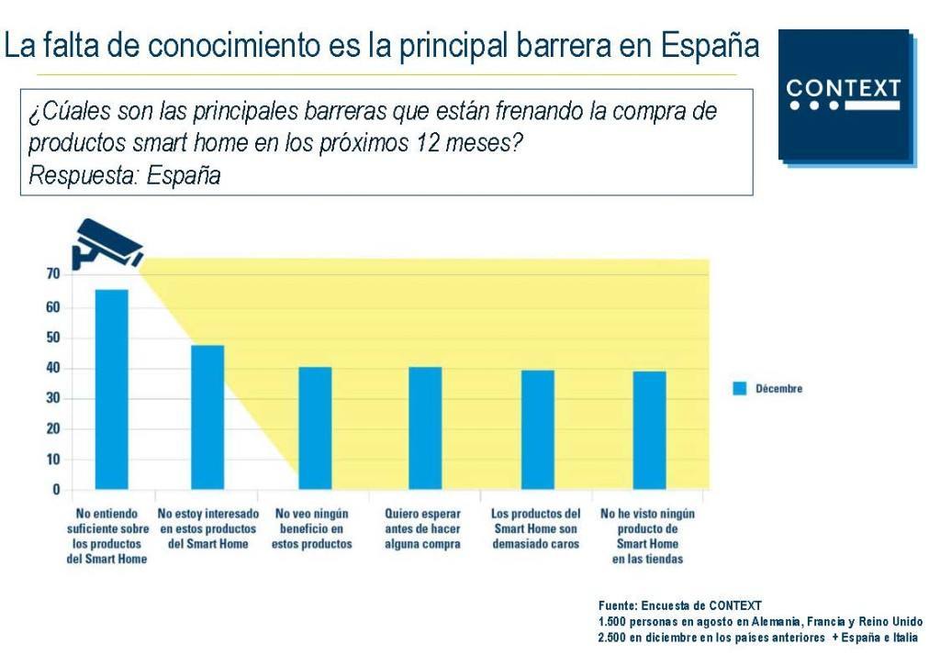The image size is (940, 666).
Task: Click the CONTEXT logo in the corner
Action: [x=845, y=95]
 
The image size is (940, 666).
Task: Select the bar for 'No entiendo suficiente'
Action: [x=112, y=389]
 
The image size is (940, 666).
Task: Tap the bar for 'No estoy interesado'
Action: [x=207, y=416]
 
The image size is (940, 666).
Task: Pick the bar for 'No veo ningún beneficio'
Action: [x=315, y=427]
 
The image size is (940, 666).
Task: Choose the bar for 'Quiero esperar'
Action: [x=425, y=427]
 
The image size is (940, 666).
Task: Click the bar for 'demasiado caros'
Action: [x=538, y=429]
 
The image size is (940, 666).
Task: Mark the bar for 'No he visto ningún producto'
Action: [x=649, y=429]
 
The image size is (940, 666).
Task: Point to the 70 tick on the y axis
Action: [x=52, y=273]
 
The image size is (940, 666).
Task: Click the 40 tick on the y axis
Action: [x=52, y=368]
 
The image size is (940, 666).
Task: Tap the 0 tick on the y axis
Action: [x=56, y=489]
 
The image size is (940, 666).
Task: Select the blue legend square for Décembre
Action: [x=740, y=388]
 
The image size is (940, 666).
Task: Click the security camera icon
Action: [x=106, y=243]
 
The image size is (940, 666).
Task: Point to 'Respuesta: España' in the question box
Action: [x=124, y=175]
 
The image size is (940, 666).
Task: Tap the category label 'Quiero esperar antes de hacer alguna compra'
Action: [x=423, y=528]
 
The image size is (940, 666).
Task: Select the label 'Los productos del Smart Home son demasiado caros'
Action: [x=536, y=528]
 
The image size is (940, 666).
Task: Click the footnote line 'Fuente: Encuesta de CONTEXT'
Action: [x=679, y=605]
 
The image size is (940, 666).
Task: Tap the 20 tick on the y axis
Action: [x=52, y=428]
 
